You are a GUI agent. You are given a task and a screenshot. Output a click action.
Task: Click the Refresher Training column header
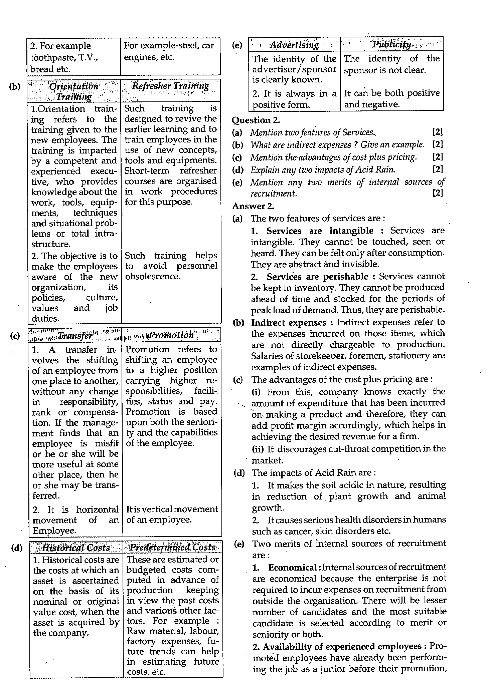(x=170, y=86)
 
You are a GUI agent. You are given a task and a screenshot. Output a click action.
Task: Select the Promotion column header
(x=171, y=335)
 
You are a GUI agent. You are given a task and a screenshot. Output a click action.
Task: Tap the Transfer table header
(x=75, y=335)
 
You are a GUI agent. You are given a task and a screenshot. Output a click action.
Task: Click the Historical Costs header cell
(x=76, y=548)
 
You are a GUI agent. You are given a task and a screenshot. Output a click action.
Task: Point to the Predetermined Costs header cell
(x=172, y=548)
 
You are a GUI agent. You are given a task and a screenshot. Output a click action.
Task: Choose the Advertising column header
(x=294, y=45)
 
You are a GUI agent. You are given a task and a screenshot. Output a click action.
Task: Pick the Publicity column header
(x=392, y=44)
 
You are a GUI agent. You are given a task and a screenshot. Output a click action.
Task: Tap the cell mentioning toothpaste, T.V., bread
(x=73, y=57)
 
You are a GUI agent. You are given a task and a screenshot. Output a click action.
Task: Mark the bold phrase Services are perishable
(x=317, y=277)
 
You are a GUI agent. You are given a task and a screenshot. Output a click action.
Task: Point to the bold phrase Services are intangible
(x=320, y=231)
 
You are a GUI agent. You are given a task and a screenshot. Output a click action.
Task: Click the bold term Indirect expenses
(x=289, y=323)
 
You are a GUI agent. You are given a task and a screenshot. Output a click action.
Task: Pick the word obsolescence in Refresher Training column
(x=153, y=277)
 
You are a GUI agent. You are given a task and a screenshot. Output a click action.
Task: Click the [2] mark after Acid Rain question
(x=437, y=169)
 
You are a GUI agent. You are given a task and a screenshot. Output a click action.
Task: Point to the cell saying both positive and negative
(x=391, y=98)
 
